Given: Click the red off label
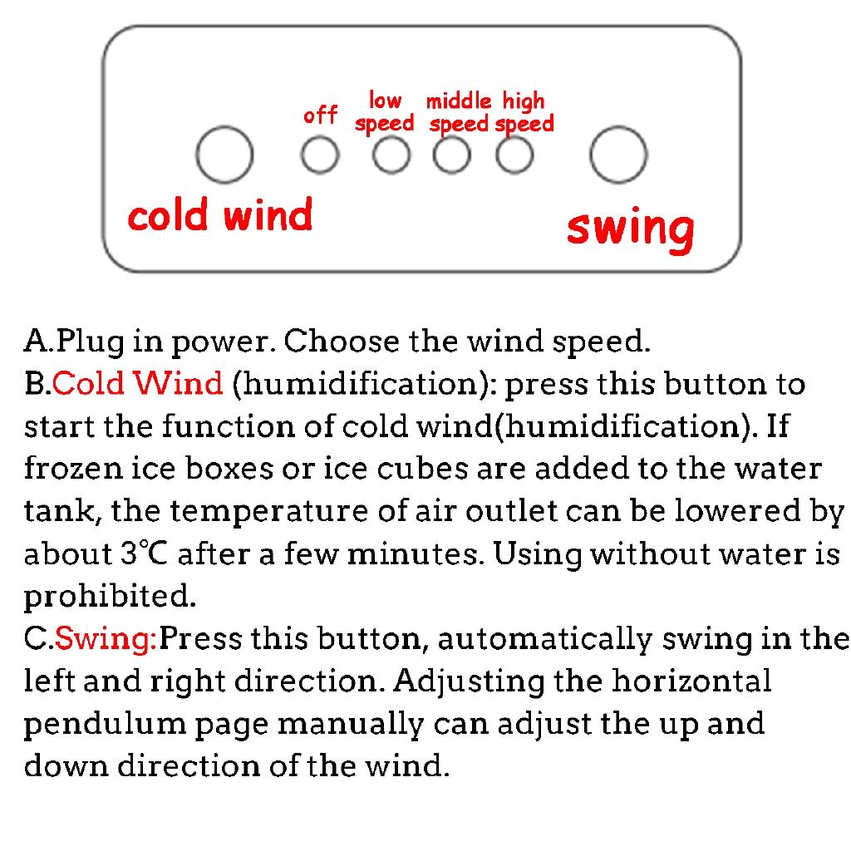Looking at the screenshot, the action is (320, 115).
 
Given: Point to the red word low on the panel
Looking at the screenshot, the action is (385, 101).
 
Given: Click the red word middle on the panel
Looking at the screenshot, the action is (459, 101).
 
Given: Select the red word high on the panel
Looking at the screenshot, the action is (524, 102).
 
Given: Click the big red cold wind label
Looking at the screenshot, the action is (219, 214).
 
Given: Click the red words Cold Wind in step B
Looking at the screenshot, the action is (137, 382).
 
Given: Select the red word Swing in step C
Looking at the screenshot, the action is (106, 637).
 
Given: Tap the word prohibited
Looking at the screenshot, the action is (110, 596).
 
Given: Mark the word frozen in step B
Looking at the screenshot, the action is (73, 468).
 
